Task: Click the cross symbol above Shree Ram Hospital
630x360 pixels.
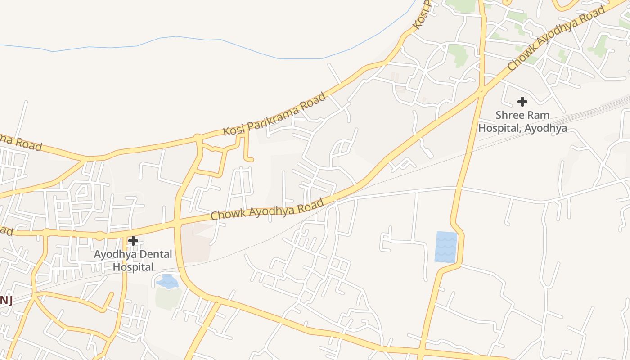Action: [x=522, y=101]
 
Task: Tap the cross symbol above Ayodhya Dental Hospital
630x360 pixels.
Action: [x=133, y=241]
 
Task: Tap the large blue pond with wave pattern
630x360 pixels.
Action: [x=446, y=247]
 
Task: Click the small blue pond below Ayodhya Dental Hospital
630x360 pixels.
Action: [x=168, y=282]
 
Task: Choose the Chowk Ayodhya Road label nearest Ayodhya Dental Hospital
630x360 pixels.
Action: [x=267, y=209]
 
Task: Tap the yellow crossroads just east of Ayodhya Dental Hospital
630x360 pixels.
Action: [x=177, y=223]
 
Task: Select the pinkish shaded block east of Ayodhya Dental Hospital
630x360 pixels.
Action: [x=196, y=243]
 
